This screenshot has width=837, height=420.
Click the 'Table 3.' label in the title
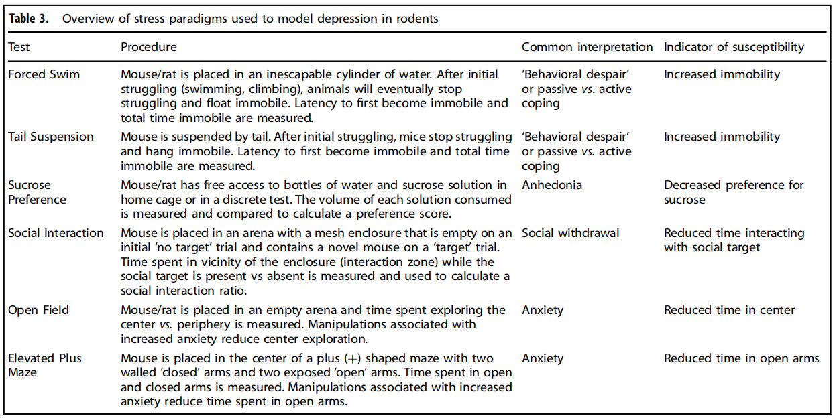click(30, 18)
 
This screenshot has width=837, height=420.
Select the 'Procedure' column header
click(149, 47)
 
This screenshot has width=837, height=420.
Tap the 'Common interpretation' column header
click(587, 47)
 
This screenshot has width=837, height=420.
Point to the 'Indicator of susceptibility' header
click(734, 47)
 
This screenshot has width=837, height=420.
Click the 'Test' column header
click(19, 47)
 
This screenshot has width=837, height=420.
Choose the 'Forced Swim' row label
click(44, 74)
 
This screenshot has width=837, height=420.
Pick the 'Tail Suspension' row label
click(51, 137)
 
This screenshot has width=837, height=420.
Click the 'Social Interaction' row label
click(56, 233)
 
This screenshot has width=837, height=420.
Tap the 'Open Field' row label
click(38, 310)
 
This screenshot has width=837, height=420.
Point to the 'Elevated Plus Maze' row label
click(44, 365)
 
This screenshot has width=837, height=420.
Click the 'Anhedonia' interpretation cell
click(552, 185)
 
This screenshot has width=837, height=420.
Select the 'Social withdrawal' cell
click(571, 233)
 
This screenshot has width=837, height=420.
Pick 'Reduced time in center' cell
click(729, 310)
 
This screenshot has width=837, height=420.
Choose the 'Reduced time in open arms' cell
click(741, 358)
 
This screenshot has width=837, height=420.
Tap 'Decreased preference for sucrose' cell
click(733, 192)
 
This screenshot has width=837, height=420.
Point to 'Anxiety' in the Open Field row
click(543, 310)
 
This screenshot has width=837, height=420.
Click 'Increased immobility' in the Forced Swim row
click(722, 74)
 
